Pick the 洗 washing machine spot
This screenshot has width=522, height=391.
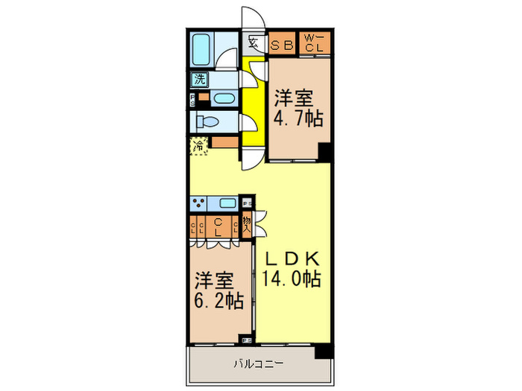[200, 78]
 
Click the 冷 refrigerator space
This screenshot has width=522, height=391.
[199, 147]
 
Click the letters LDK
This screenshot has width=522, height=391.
[292, 259]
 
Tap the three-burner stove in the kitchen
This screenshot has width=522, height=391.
[200, 203]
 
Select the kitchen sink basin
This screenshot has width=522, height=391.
[228, 203]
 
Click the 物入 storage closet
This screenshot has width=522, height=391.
[247, 223]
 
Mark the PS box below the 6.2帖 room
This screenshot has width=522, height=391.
[247, 340]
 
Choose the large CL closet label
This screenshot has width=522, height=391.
[218, 227]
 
